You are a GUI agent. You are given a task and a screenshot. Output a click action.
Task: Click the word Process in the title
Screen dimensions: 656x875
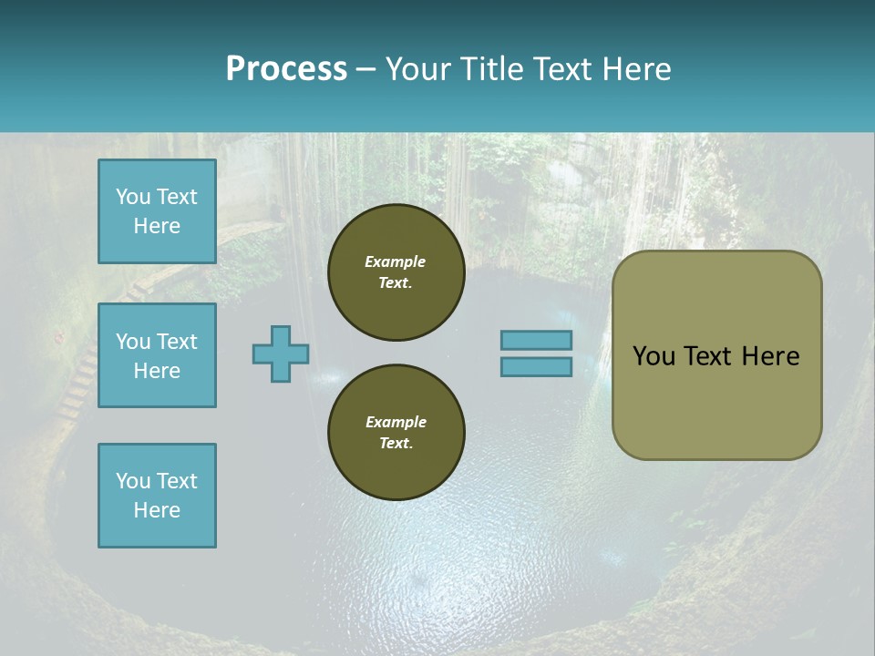[286, 69]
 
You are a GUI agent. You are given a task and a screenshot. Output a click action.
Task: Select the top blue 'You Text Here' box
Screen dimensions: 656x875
[157, 211]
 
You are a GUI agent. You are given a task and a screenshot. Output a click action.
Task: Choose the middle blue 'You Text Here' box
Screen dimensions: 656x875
[157, 355]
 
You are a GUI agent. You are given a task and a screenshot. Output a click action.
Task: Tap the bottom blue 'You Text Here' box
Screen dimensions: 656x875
[157, 496]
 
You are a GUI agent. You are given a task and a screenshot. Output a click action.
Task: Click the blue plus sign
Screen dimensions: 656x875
[281, 354]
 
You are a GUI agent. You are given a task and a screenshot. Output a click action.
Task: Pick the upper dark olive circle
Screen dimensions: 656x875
[396, 272]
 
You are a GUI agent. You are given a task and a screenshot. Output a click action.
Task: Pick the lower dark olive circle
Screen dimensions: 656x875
[396, 433]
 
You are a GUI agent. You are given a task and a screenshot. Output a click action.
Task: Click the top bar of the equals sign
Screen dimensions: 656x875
[536, 340]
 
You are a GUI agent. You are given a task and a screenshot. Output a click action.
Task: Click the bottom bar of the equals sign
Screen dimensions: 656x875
[536, 366]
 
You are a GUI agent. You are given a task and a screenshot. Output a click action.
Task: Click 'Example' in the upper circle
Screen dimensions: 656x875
[396, 261]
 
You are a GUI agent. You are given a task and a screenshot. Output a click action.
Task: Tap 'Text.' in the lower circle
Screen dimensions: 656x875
[396, 444]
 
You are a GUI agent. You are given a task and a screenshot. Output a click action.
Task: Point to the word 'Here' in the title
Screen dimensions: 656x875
[635, 69]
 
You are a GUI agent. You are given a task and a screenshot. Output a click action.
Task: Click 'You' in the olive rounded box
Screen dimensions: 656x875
[654, 355]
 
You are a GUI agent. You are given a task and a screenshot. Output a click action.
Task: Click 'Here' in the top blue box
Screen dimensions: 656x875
[157, 226]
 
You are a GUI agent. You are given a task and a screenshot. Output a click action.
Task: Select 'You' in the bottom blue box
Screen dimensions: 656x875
[133, 481]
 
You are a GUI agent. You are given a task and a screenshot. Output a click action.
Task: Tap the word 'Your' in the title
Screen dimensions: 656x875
[421, 69]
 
